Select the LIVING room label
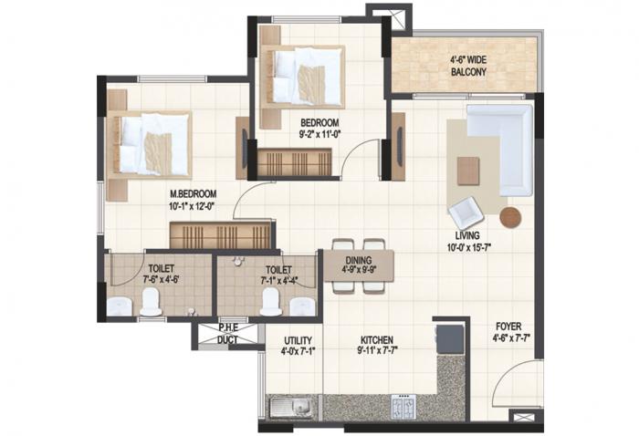coord(469,234)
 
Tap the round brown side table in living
coord(509,217)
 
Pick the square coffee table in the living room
coord(468,170)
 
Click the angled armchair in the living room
coord(466,212)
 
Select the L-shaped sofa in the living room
coord(505,146)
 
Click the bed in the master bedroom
coord(152,143)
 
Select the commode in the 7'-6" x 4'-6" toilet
coord(151,303)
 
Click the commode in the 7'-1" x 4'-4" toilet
coord(270,303)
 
